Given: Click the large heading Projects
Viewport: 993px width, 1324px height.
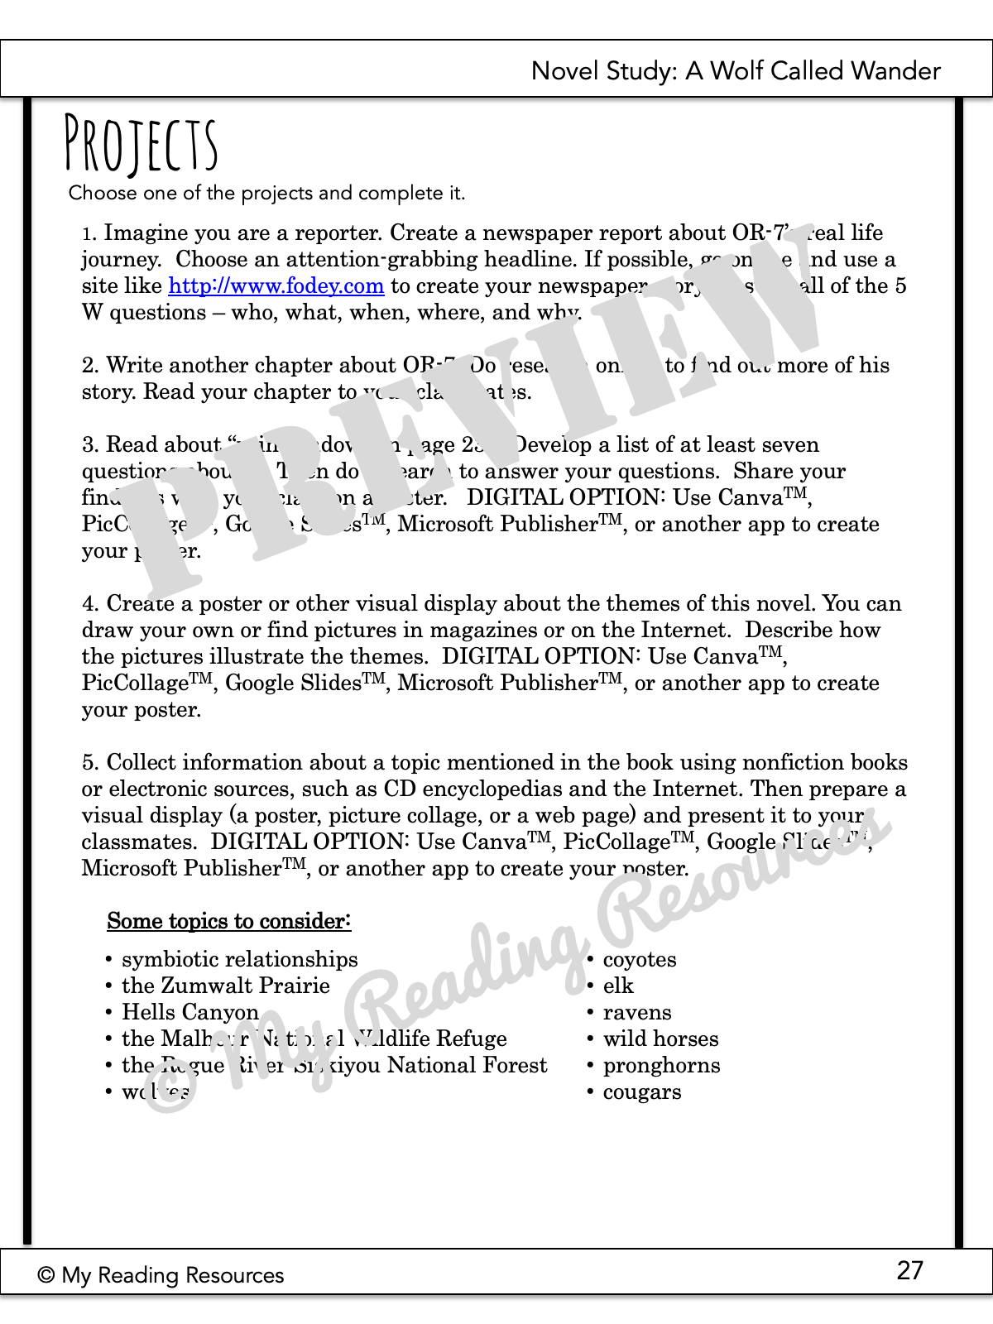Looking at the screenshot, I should (x=142, y=146).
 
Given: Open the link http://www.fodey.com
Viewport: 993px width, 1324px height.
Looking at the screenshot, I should (x=276, y=286).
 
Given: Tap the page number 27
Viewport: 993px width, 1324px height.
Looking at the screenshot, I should (x=909, y=1270).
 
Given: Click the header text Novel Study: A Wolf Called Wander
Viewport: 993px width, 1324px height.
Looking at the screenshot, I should (x=736, y=71).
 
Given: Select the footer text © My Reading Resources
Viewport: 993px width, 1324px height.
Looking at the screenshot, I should (x=161, y=1275).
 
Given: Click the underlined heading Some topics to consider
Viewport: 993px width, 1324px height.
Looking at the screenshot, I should (x=229, y=921).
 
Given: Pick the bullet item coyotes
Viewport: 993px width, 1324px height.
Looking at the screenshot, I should (x=639, y=960).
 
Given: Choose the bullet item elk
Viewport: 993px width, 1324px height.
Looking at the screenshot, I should (x=618, y=986).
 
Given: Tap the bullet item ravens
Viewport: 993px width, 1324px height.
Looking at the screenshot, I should (x=636, y=1013).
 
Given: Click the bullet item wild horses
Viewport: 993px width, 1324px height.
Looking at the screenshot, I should (x=660, y=1039).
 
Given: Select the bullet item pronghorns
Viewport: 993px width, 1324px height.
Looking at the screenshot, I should (x=661, y=1066).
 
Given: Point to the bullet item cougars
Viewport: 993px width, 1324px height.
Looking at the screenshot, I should (x=642, y=1092).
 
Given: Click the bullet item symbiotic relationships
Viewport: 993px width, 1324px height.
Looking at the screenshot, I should (x=240, y=960).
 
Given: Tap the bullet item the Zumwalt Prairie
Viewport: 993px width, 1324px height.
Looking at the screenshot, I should (x=225, y=986).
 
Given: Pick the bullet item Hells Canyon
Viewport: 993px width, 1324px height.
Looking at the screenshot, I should (x=190, y=1013).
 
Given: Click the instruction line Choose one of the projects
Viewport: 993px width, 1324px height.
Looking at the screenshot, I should (x=266, y=194).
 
